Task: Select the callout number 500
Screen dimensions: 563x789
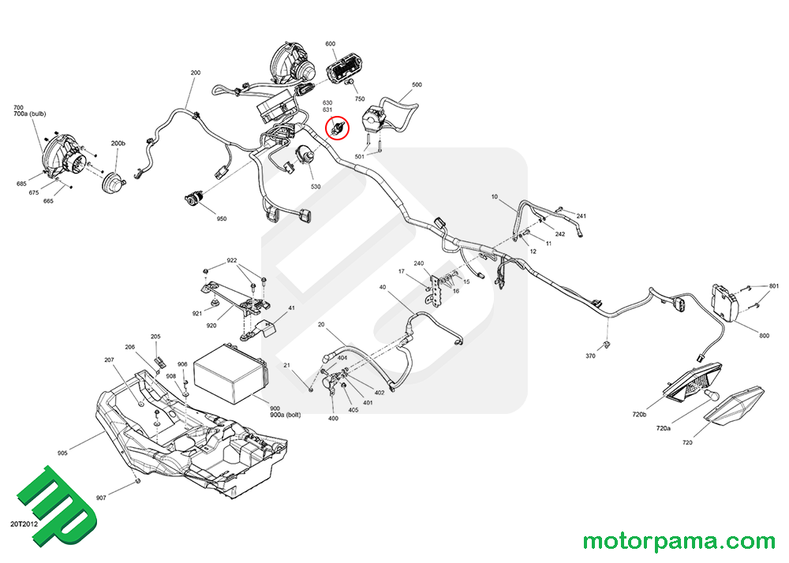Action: tap(417, 84)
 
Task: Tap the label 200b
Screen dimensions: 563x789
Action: tap(118, 144)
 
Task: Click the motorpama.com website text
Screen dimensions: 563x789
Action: tap(679, 542)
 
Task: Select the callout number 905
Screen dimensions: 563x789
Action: tap(63, 453)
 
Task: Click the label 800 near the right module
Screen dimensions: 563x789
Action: tap(764, 336)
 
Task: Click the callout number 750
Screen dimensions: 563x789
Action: tap(360, 99)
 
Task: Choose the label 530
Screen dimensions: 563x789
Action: tap(316, 187)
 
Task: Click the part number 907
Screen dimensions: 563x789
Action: tap(100, 498)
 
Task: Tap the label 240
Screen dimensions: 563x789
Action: tap(419, 263)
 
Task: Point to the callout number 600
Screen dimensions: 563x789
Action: tap(330, 43)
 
